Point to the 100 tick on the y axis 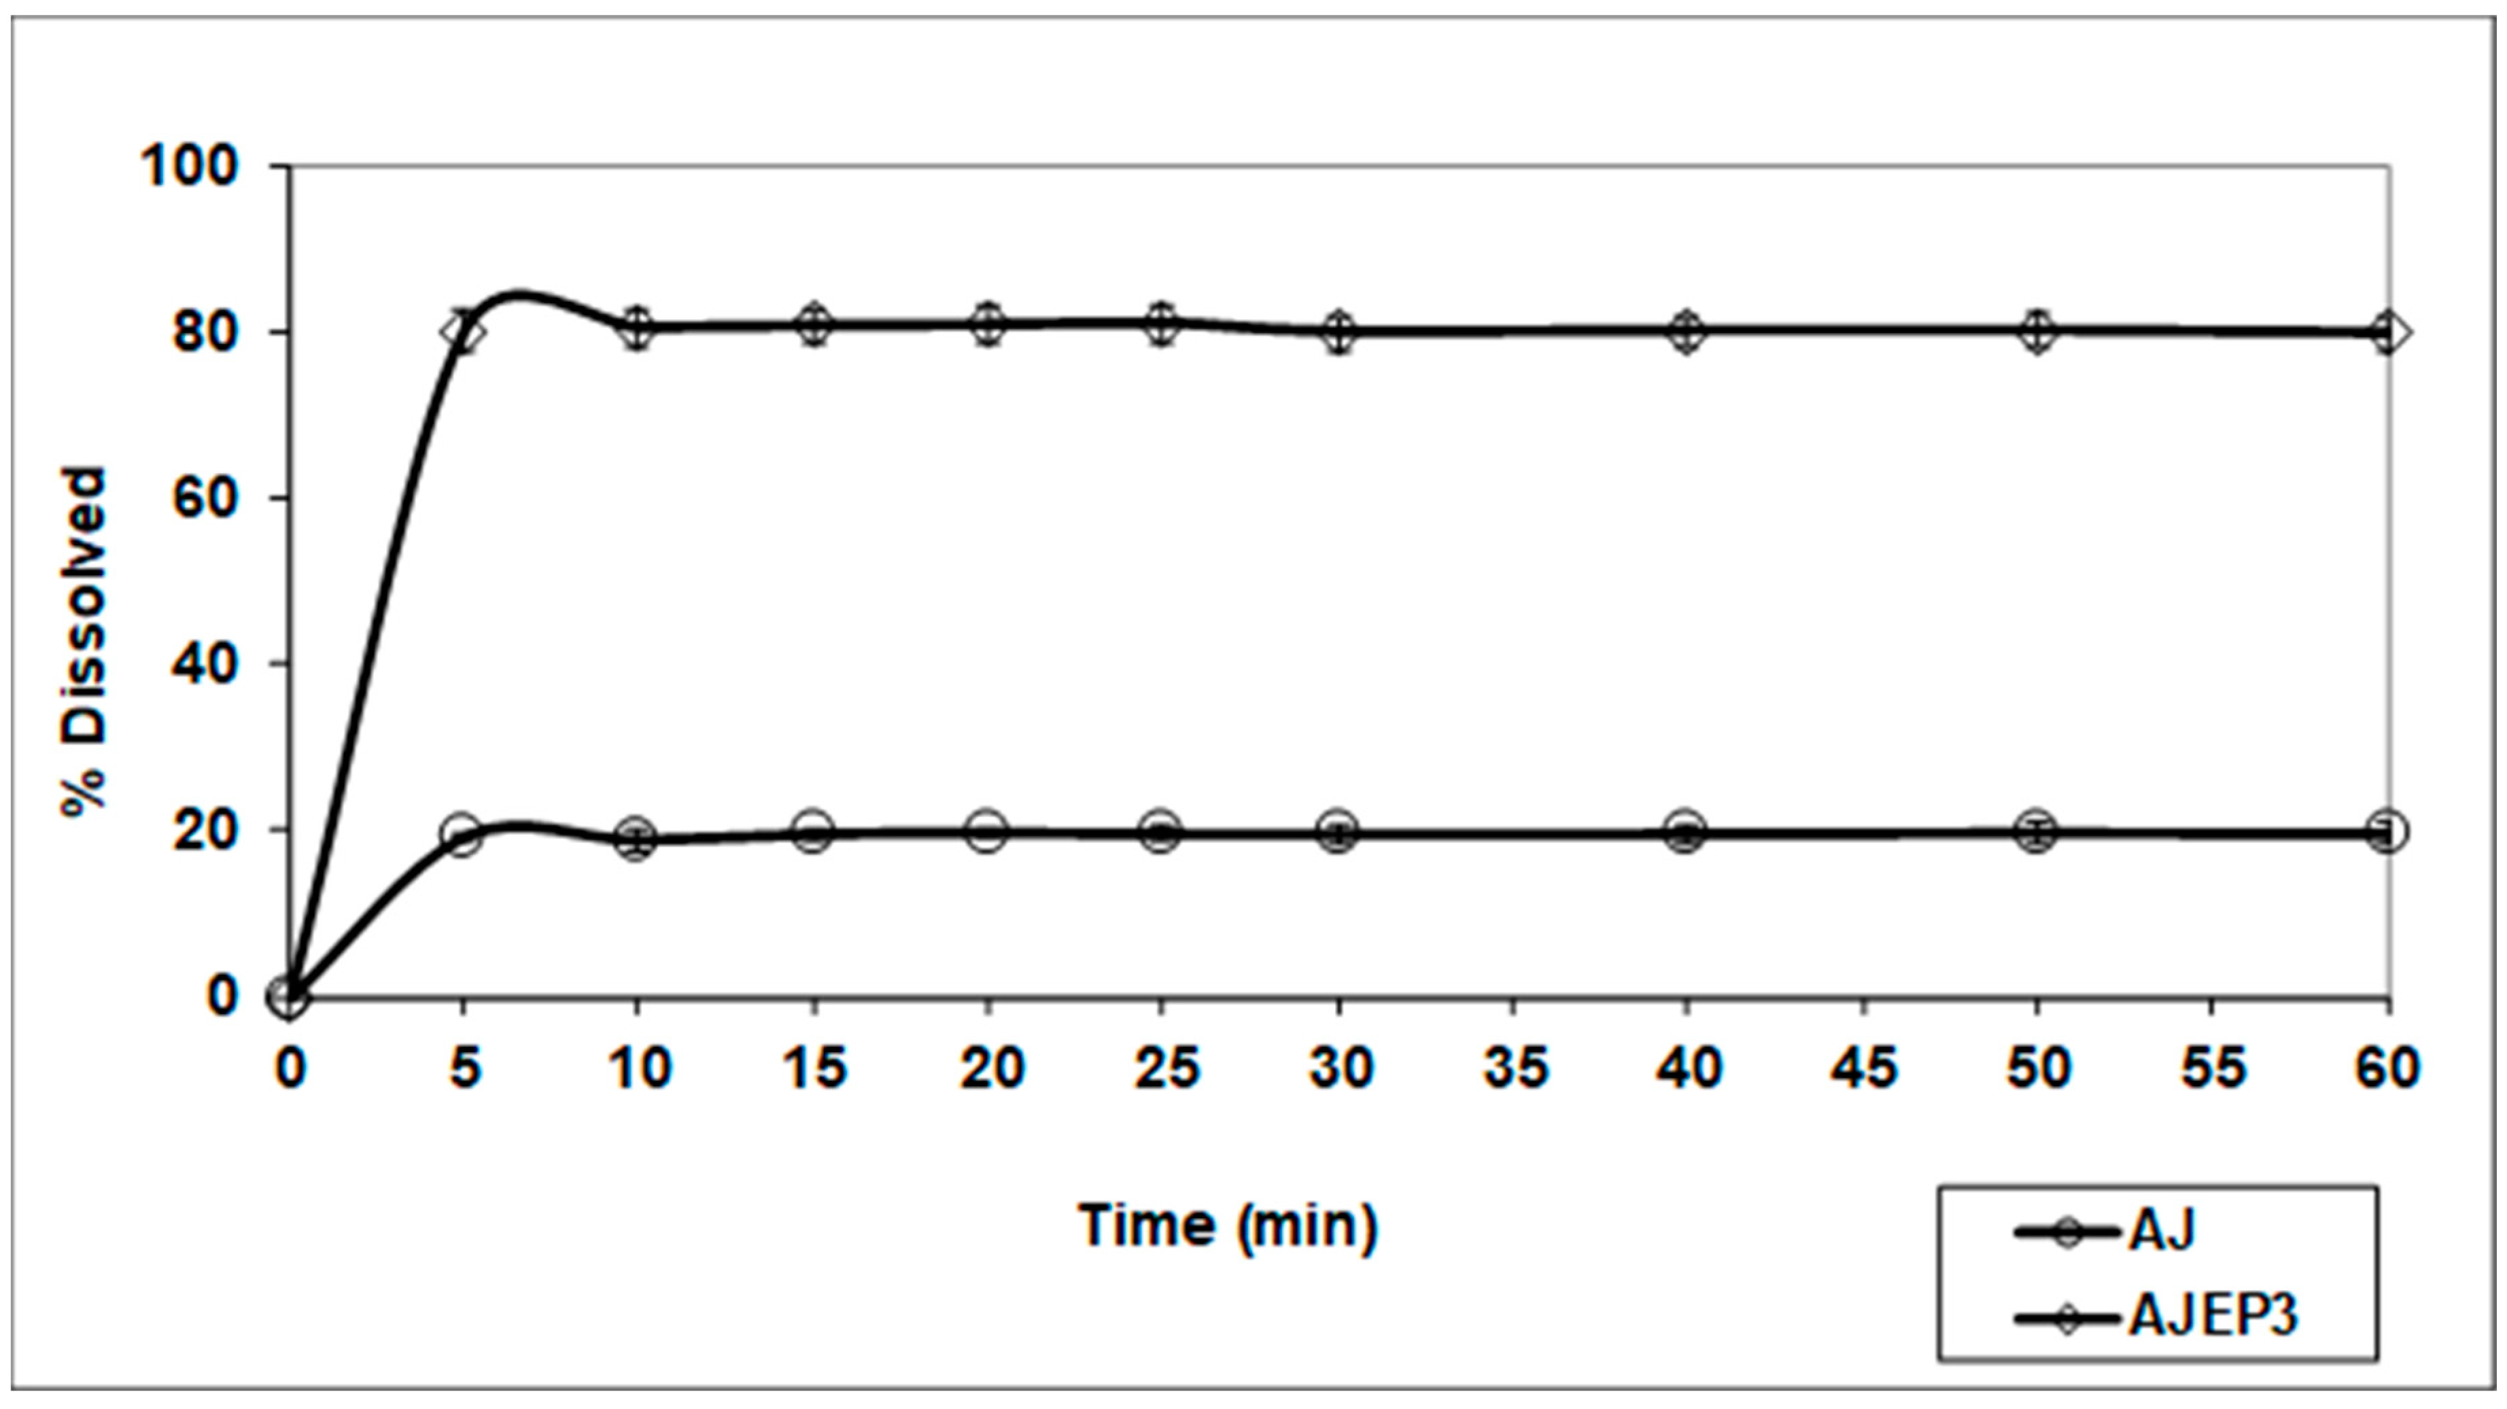[191, 167]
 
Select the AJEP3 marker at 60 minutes [2385, 332]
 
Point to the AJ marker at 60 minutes [2385, 832]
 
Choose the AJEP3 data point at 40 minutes [1687, 332]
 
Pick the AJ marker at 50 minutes [2036, 832]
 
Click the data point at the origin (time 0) [289, 996]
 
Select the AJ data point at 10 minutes [638, 839]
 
